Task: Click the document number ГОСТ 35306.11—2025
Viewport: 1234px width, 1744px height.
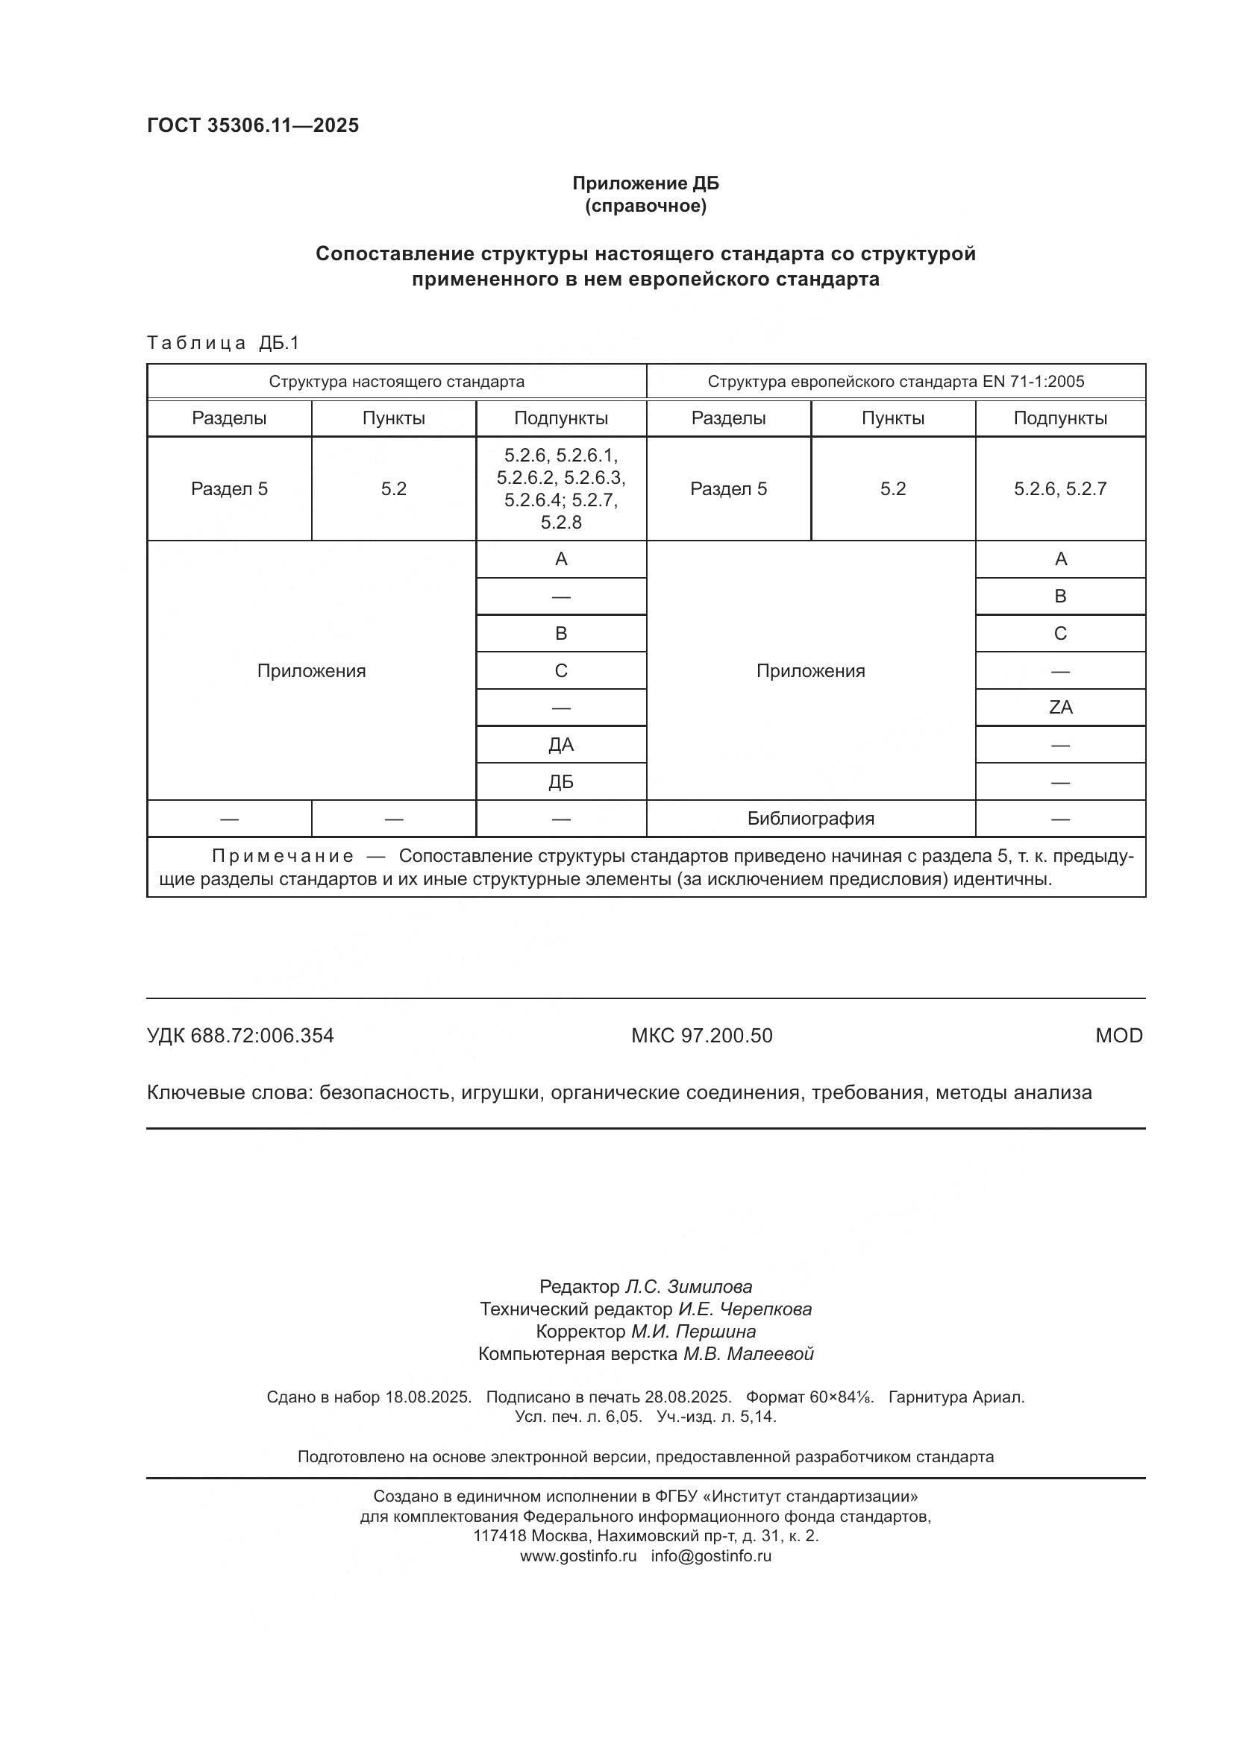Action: point(252,125)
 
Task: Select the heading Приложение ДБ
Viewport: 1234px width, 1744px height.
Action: point(645,183)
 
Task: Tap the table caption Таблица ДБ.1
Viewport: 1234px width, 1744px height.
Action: point(223,343)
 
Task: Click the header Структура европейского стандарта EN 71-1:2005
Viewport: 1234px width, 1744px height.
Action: point(896,381)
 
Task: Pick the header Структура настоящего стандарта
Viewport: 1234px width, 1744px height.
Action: point(396,381)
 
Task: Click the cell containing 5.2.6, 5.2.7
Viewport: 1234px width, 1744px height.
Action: point(1060,488)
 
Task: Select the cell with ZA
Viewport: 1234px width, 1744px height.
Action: point(1060,707)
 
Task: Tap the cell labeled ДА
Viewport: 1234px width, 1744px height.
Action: point(561,744)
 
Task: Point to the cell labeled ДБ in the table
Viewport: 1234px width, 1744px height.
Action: point(561,781)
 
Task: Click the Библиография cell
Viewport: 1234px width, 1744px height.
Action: point(810,819)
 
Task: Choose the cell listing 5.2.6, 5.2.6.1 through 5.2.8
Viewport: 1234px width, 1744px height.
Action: point(561,488)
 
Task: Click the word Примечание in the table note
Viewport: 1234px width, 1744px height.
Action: point(283,856)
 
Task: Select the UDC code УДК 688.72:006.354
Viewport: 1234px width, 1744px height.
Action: point(240,1036)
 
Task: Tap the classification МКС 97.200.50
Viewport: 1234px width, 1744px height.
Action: point(701,1036)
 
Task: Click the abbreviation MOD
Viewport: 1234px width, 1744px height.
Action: point(1118,1036)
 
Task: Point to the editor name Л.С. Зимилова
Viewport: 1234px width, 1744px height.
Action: point(688,1287)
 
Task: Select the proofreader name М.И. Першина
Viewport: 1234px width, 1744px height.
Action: point(693,1332)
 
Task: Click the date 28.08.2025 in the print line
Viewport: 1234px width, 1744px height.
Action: point(688,1397)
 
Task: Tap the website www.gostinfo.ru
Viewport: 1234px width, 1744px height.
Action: point(578,1555)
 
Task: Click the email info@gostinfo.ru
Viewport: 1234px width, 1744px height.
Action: point(710,1555)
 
